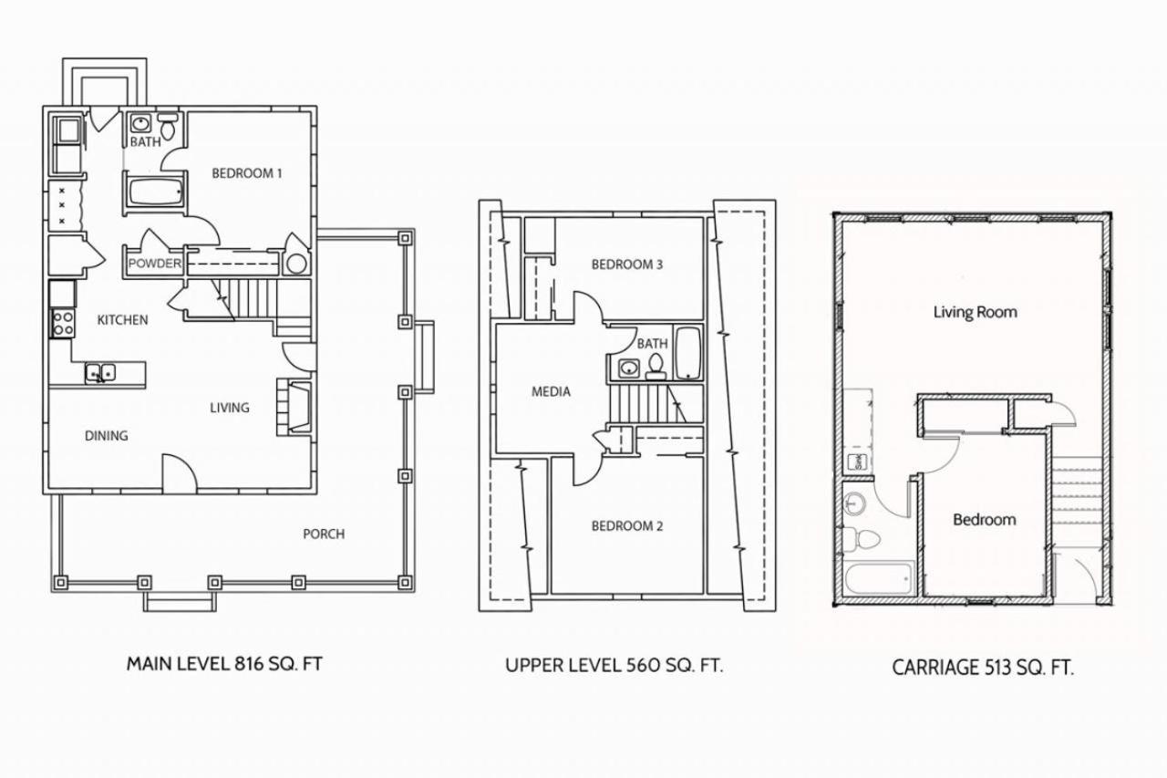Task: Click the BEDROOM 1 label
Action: tap(247, 173)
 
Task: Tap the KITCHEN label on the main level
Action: tap(122, 320)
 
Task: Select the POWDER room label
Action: tap(155, 264)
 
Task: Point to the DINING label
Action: tap(107, 436)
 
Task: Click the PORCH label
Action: tap(324, 534)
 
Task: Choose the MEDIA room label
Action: tap(551, 392)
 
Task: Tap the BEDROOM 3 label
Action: tap(627, 265)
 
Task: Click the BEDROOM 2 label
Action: tap(627, 526)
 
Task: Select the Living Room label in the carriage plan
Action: tap(976, 312)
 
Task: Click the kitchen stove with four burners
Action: tap(63, 323)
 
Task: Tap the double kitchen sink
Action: tap(100, 373)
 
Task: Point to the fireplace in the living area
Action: tap(294, 407)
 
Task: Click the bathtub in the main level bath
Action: tap(155, 192)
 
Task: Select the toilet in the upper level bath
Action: tap(656, 367)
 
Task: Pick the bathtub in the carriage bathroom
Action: tap(879, 577)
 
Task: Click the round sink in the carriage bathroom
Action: tap(854, 503)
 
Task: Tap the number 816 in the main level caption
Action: tap(250, 664)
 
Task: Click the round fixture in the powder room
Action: tap(296, 265)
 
